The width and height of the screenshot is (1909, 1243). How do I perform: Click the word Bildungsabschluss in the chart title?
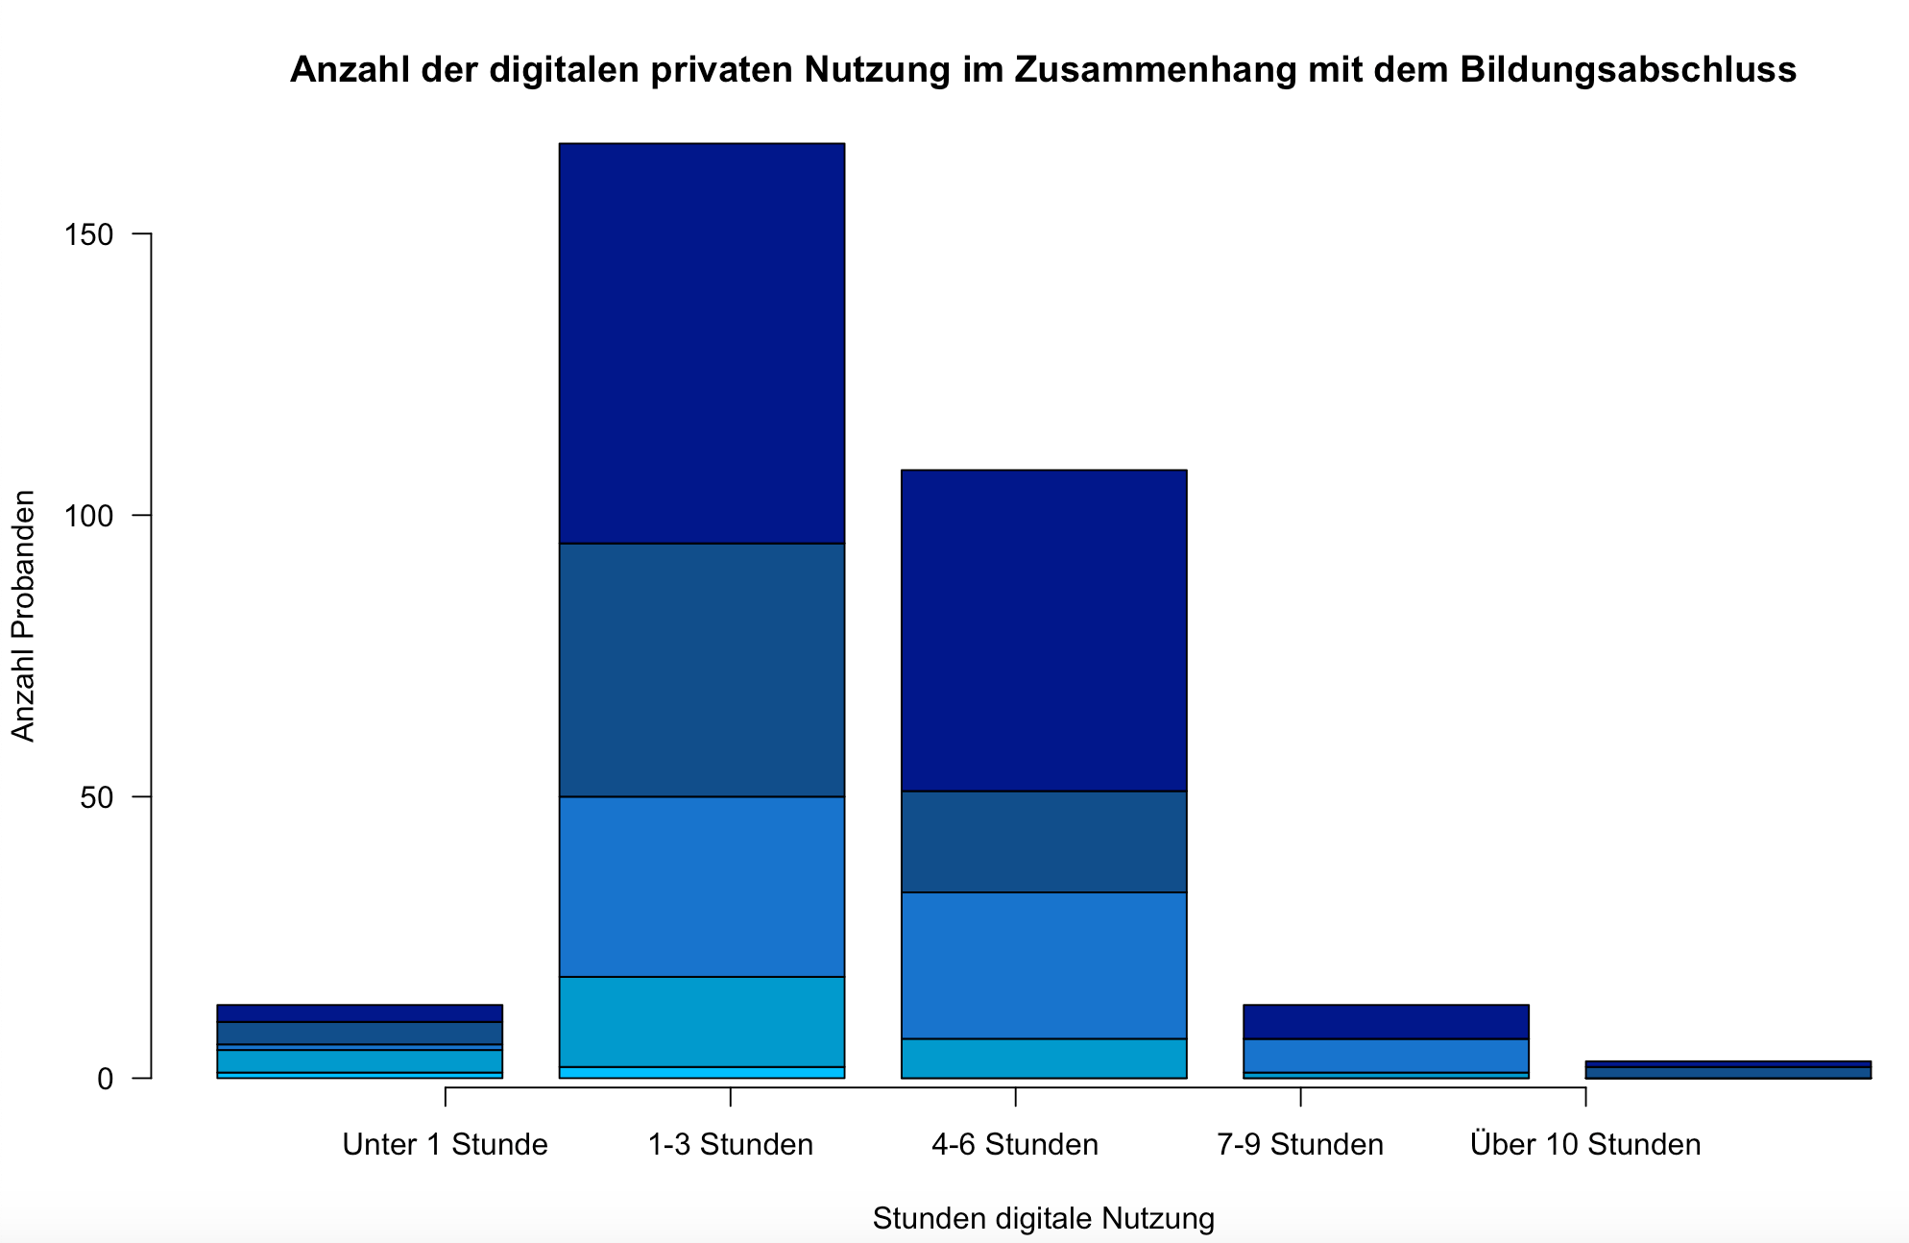[1628, 70]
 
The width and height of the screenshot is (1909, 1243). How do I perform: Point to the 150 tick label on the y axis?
[88, 234]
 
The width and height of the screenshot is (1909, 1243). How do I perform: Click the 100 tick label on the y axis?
[88, 516]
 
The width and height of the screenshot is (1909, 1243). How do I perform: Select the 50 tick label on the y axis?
[97, 797]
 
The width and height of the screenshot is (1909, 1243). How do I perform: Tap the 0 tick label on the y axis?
[106, 1079]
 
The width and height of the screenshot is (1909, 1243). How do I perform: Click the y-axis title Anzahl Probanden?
[23, 616]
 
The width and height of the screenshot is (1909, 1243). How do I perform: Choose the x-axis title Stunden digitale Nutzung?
[1043, 1218]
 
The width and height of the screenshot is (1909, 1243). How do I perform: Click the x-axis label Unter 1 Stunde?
[445, 1144]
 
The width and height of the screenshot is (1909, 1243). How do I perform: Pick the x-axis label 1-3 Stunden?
[730, 1144]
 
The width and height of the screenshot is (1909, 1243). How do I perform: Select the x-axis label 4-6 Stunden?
[1015, 1144]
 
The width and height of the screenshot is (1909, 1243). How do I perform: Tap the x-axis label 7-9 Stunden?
[1299, 1144]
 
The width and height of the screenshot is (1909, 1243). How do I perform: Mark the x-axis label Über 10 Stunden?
[1584, 1144]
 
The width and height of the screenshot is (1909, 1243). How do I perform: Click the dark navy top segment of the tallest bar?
[701, 343]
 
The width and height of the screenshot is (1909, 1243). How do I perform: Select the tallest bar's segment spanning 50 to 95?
[701, 670]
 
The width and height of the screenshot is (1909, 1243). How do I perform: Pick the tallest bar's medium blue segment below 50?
[701, 886]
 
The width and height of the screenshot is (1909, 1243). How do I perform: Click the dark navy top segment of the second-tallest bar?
[1044, 630]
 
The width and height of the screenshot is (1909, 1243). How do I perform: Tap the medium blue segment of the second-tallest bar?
[1044, 964]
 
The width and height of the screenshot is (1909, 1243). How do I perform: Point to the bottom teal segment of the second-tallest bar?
[1044, 1058]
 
